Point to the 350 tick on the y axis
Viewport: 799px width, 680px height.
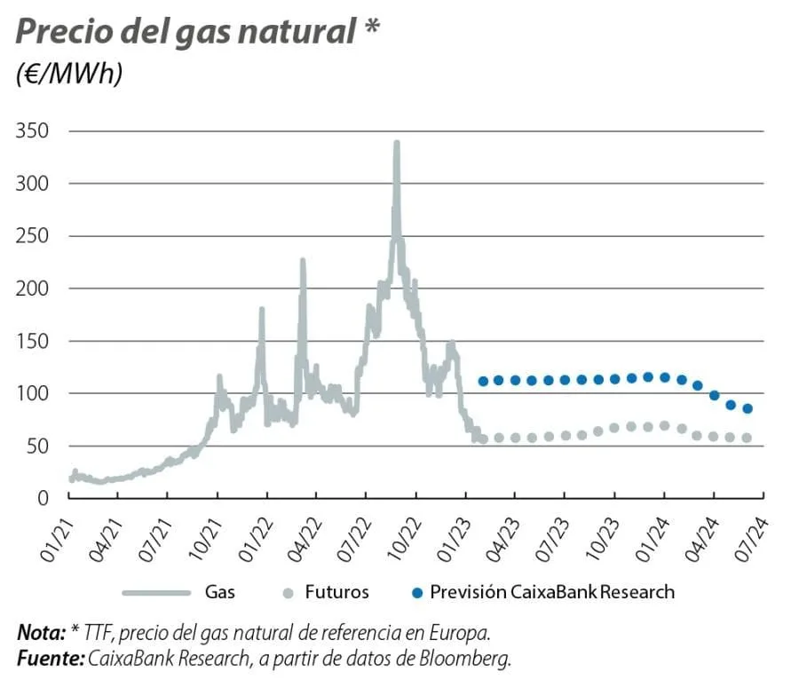point(33,131)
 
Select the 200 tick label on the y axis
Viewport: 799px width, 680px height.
point(33,289)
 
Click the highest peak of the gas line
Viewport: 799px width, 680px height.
point(396,142)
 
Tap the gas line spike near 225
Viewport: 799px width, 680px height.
point(303,260)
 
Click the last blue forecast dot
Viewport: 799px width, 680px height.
point(748,408)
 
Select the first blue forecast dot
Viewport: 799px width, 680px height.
point(483,381)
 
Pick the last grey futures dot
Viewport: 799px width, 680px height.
point(748,438)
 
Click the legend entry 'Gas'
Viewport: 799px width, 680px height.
point(219,591)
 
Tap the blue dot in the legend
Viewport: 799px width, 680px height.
point(416,591)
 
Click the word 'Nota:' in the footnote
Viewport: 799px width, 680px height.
point(41,633)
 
